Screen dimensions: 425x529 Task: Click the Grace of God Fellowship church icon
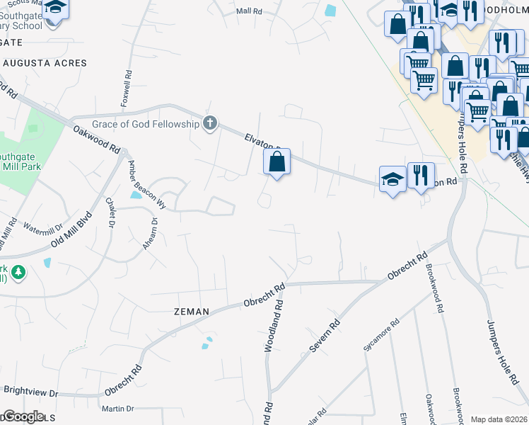209,124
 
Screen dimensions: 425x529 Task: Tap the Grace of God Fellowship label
146,124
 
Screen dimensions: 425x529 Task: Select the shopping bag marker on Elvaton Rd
277,162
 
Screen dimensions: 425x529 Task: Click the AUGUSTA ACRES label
45,63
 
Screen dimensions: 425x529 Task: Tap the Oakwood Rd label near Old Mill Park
95,137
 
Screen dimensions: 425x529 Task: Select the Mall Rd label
249,11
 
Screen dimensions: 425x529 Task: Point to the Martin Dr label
117,409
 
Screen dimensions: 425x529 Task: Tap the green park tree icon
18,272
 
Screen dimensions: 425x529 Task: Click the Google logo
23,416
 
